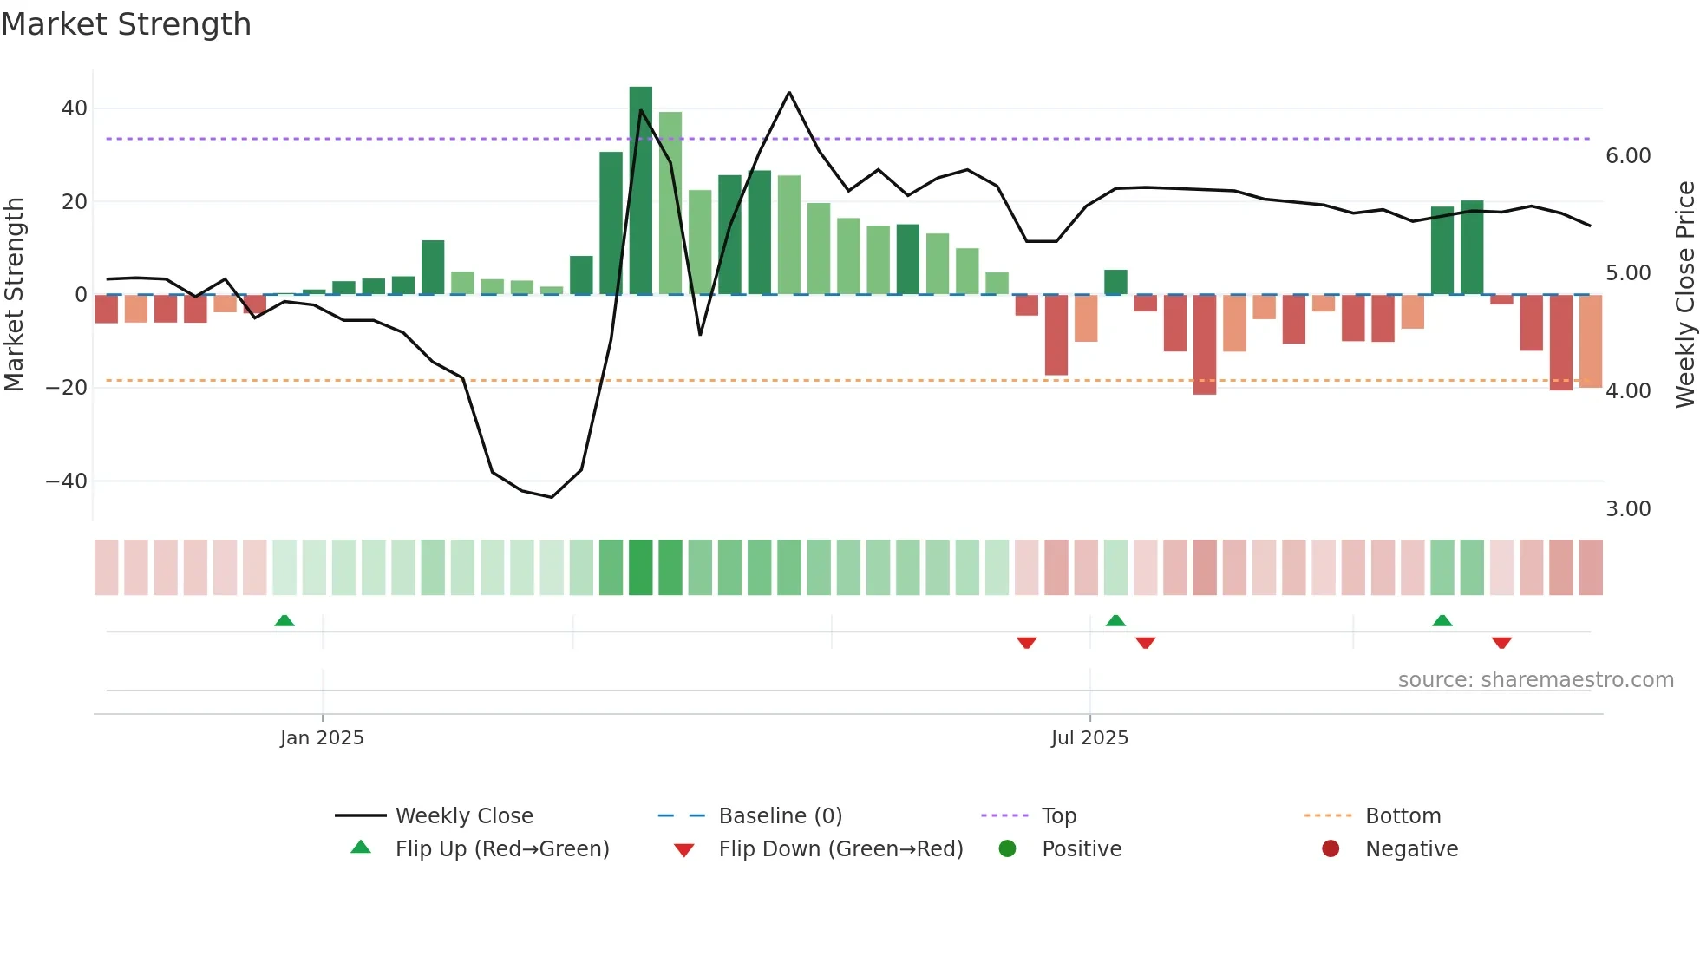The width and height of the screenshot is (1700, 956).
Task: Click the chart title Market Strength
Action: click(x=126, y=24)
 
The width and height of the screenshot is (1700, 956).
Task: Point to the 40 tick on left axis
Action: click(x=75, y=108)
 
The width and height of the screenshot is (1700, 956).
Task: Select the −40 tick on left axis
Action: click(x=67, y=481)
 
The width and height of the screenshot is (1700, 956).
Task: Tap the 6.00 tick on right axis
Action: click(x=1628, y=156)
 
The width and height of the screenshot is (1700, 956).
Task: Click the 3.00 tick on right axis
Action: click(x=1628, y=509)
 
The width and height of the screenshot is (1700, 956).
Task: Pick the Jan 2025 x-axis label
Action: click(x=322, y=738)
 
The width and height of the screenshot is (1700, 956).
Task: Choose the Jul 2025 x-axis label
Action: click(x=1089, y=738)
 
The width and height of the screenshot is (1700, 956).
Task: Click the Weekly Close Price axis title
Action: click(x=1684, y=295)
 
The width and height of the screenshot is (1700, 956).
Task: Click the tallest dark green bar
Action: click(x=641, y=191)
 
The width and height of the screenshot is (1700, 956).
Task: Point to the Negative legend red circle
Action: click(x=1331, y=849)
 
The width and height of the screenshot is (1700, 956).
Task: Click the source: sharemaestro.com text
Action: click(x=1535, y=680)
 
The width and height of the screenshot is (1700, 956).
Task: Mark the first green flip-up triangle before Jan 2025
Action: click(x=284, y=620)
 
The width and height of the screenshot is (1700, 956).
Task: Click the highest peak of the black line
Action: click(x=789, y=93)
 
